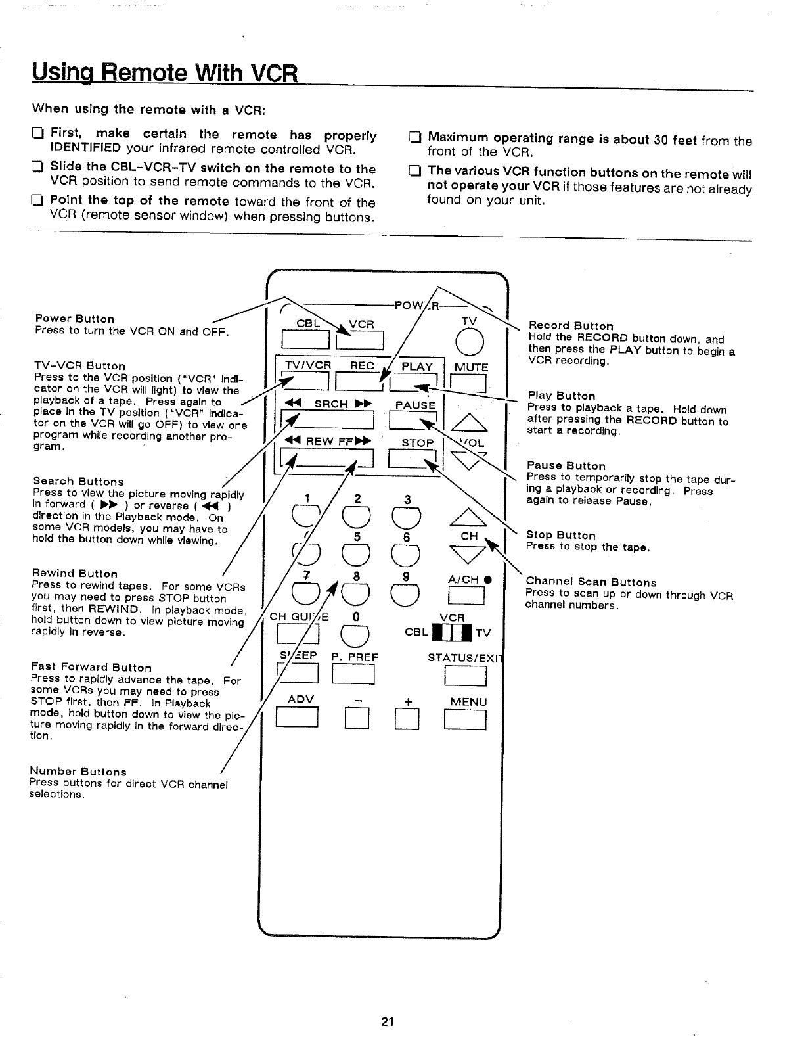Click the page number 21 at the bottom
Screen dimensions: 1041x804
click(387, 1022)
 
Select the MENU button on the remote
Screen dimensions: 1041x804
click(465, 722)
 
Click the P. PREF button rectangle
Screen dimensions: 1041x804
click(353, 675)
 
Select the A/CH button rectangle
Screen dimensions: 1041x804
click(465, 596)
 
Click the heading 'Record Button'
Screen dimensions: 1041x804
click(571, 326)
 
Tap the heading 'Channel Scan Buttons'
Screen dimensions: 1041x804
click(591, 582)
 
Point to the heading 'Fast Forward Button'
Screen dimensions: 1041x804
click(91, 668)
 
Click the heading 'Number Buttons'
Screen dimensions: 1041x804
click(78, 772)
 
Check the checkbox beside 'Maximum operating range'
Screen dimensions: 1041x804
click(414, 138)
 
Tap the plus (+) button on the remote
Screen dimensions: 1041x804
click(406, 722)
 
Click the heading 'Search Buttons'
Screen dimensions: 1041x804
click(78, 482)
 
